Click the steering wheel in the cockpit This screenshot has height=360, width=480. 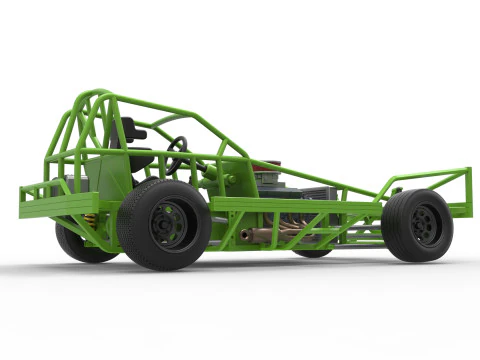[x=177, y=154]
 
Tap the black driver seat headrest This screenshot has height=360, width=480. [x=132, y=130]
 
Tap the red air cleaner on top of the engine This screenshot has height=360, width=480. [x=268, y=166]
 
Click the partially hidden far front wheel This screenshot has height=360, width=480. [x=313, y=251]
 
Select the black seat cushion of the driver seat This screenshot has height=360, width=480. [x=140, y=161]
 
